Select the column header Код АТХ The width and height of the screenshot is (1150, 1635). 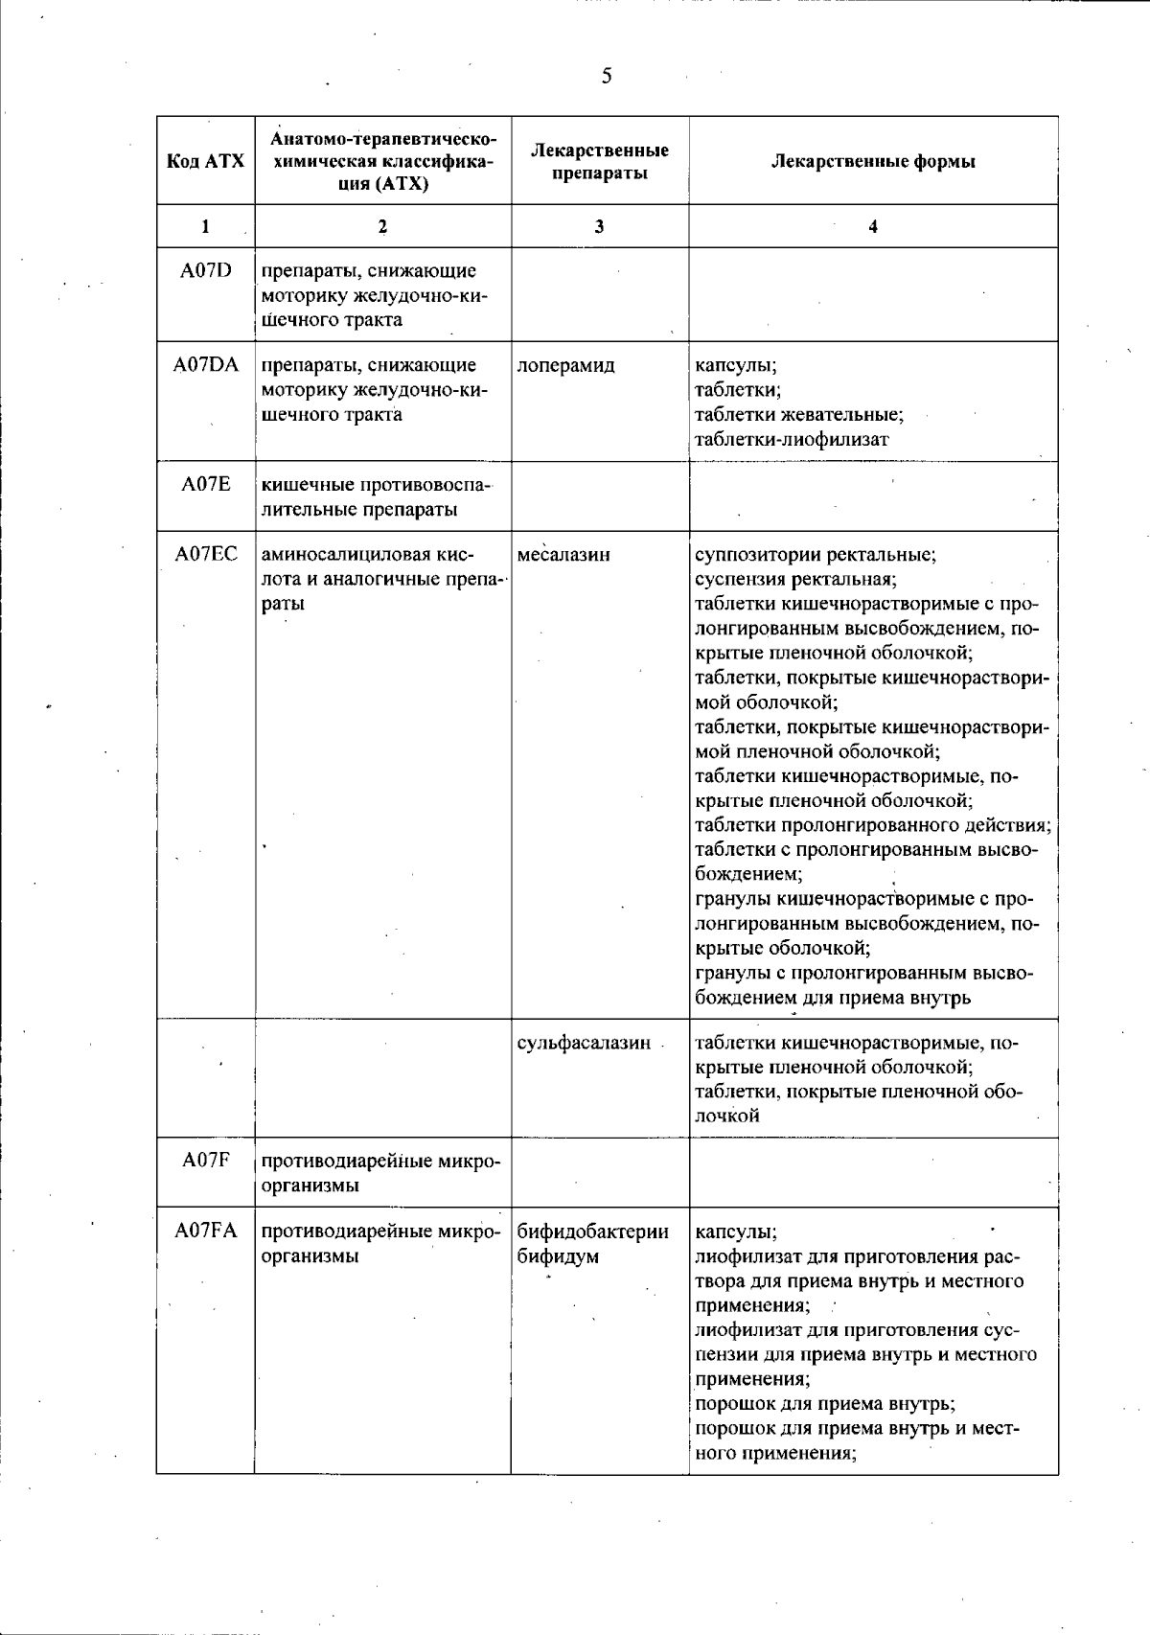[x=206, y=161]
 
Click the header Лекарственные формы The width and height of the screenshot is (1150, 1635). [x=873, y=161]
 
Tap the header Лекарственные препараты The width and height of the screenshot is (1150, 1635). [x=600, y=161]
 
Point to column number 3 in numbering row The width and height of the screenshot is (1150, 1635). [x=599, y=227]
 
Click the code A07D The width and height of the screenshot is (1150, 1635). [x=206, y=271]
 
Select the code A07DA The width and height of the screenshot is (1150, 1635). [x=206, y=365]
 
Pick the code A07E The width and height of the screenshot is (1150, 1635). [x=206, y=485]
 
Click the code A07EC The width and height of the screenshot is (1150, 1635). [x=206, y=554]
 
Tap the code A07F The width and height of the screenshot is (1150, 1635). [x=206, y=1162]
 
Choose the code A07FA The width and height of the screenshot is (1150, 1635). [x=206, y=1232]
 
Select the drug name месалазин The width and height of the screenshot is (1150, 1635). [x=563, y=554]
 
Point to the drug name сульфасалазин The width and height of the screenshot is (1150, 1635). [x=584, y=1043]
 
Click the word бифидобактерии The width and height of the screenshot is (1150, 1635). [x=592, y=1232]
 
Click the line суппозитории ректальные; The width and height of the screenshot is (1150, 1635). [x=816, y=554]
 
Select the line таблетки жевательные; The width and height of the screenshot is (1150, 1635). [x=799, y=415]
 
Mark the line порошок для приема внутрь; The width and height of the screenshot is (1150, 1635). [x=824, y=1404]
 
